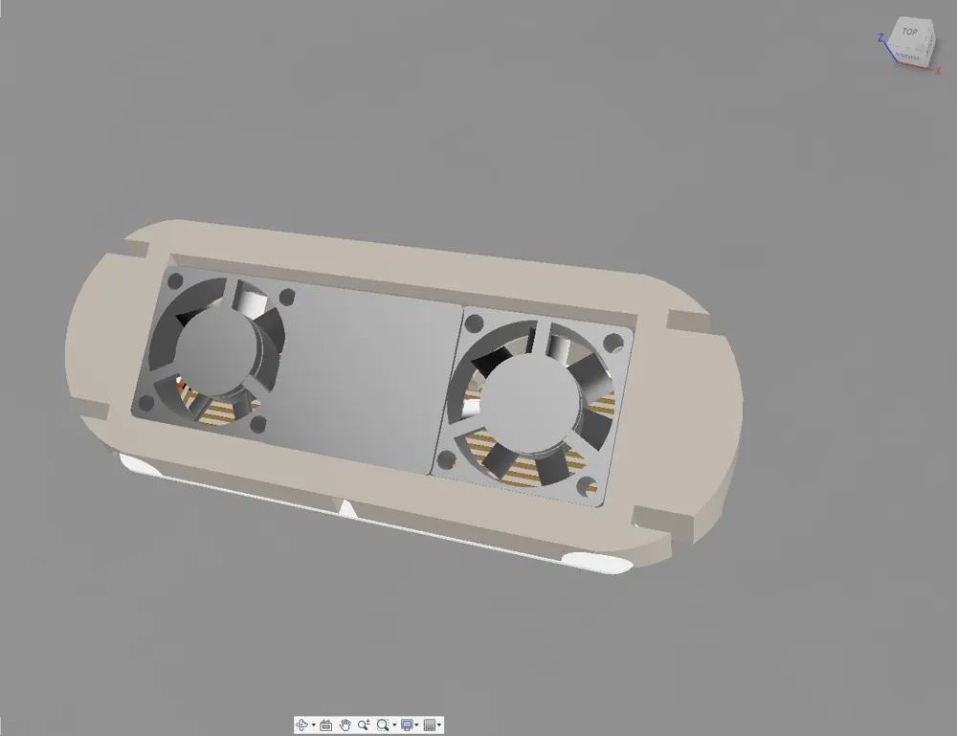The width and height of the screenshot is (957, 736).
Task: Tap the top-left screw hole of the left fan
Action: [175, 282]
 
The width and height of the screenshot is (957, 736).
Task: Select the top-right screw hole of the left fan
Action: [286, 296]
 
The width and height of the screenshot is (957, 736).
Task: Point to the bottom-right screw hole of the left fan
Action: [256, 424]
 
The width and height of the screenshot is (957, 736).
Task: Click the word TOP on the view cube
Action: [909, 33]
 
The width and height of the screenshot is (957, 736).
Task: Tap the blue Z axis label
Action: [880, 38]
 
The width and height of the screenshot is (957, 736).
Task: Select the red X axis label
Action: [938, 70]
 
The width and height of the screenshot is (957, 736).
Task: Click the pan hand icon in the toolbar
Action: [345, 725]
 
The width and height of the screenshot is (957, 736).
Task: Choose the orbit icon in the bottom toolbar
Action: [302, 725]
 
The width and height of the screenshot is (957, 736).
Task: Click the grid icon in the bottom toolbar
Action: [430, 725]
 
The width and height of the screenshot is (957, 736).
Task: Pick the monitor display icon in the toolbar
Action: [407, 725]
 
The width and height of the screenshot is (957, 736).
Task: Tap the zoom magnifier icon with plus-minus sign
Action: [364, 725]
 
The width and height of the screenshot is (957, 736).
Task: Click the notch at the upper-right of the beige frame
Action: [687, 319]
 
